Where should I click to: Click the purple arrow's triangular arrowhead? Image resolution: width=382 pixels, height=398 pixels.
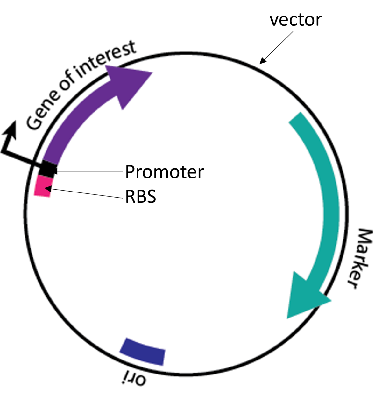(127, 83)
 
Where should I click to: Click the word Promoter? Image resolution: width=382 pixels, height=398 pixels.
(164, 172)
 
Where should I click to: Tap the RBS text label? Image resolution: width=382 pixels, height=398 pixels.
(140, 197)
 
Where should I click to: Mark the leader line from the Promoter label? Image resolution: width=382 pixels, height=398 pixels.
(89, 171)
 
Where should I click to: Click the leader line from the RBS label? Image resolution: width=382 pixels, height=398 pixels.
(86, 193)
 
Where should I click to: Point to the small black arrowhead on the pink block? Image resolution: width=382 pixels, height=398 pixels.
(47, 188)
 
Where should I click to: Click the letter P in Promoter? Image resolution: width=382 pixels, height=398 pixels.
(130, 172)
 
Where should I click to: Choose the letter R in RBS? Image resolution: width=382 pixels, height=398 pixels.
(130, 197)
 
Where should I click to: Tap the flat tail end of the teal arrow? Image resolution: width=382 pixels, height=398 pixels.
(295, 118)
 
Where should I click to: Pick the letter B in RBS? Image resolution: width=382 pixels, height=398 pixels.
(140, 197)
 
